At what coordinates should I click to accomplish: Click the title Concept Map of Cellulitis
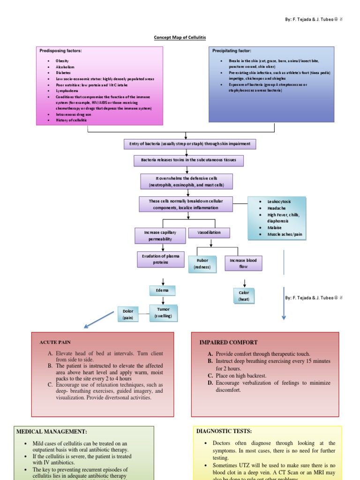[180, 37]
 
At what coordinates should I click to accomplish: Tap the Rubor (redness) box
[202, 263]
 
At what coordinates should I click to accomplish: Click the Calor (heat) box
[244, 295]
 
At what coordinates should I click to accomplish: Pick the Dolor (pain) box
[128, 314]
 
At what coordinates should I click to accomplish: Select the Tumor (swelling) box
[164, 313]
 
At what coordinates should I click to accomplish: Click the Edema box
[162, 291]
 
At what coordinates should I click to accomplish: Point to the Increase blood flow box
[243, 263]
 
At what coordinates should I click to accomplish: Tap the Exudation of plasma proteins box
[160, 259]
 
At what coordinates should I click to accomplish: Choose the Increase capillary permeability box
[160, 235]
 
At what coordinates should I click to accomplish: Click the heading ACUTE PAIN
[55, 343]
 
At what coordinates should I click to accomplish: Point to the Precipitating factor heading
[232, 51]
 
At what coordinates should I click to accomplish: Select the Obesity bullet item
[62, 61]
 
